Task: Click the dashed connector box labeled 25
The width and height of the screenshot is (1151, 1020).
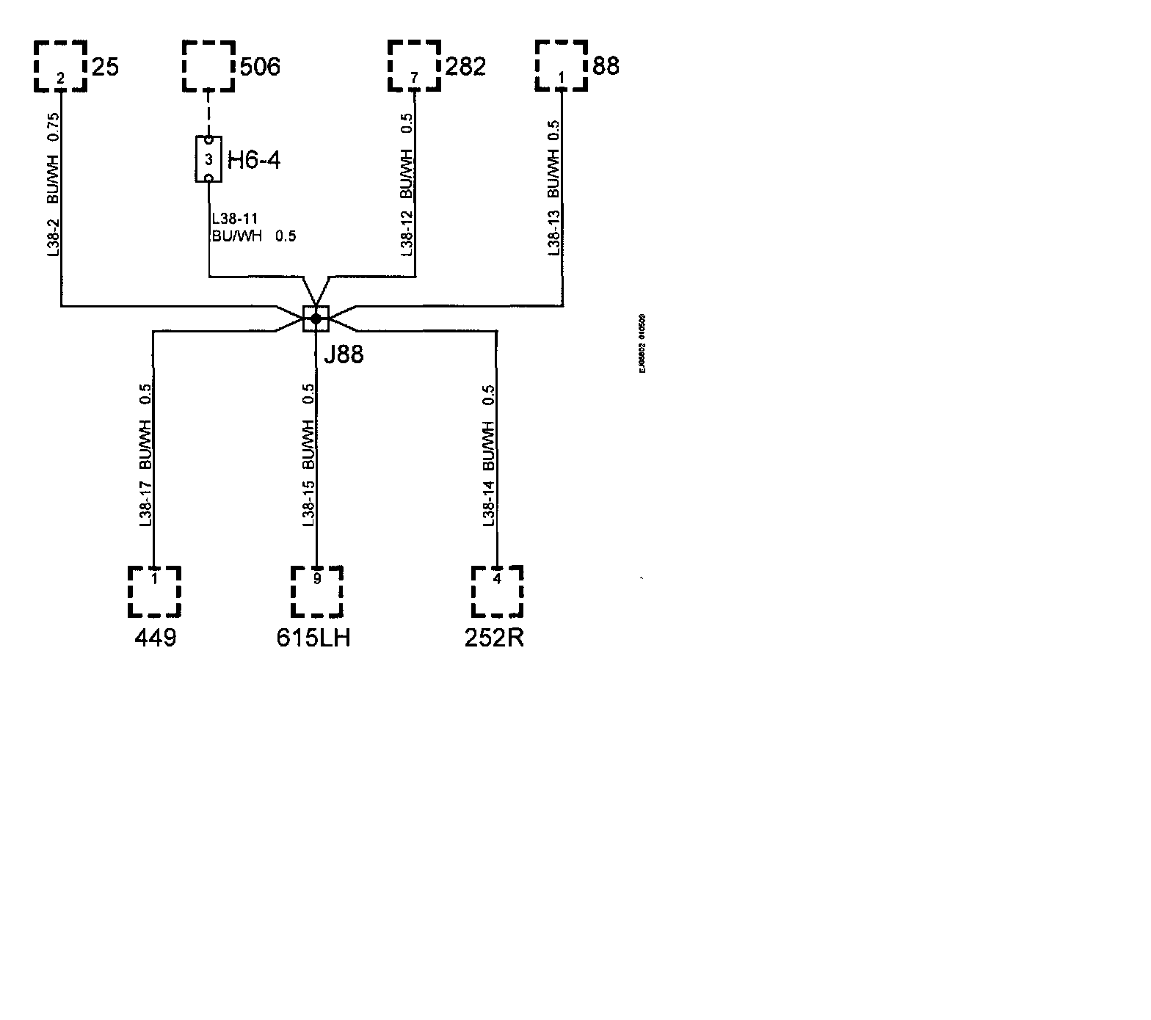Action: coord(61,66)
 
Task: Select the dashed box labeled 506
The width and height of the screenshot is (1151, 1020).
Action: coord(208,66)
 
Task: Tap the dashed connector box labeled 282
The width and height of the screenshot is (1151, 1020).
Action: coord(415,66)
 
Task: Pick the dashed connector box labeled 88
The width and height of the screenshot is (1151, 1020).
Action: coord(562,66)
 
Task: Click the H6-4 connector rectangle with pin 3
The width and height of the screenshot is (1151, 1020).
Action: coord(208,159)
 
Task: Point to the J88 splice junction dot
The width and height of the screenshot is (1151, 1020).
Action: coord(316,318)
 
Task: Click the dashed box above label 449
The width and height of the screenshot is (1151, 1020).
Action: coord(154,591)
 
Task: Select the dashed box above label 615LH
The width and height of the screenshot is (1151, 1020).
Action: coord(317,591)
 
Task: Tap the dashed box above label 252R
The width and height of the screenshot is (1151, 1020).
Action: coord(497,591)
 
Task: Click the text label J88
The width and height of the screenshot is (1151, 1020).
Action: coord(344,355)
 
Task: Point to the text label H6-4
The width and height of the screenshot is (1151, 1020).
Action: coord(254,160)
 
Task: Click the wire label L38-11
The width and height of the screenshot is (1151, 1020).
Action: coord(234,219)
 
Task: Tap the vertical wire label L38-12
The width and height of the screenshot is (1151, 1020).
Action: coord(407,233)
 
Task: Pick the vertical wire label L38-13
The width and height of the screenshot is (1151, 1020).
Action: coord(554,233)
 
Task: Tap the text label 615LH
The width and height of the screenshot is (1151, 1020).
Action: coord(313,638)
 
